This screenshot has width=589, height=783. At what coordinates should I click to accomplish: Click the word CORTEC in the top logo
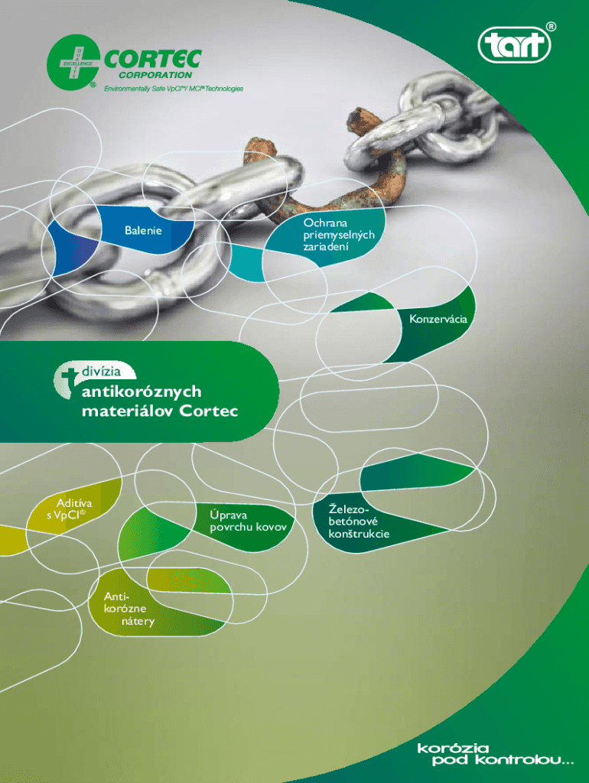153,60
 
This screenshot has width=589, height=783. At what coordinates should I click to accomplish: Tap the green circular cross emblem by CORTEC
73,63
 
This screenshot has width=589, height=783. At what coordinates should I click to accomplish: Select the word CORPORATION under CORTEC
155,75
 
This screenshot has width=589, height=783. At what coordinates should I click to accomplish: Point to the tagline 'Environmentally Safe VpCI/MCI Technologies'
174,89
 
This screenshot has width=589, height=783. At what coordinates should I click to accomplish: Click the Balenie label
143,230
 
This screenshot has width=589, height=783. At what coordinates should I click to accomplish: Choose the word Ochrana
325,223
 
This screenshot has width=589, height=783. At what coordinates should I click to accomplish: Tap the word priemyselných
339,236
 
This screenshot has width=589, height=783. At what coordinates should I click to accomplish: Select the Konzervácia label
438,319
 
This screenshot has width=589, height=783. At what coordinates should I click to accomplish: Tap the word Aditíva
74,503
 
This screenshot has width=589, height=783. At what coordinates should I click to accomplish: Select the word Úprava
228,515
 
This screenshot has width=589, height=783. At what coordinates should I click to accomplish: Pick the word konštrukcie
359,534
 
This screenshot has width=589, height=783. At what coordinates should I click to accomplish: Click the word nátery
138,621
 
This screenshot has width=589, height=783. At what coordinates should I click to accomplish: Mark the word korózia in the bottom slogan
453,748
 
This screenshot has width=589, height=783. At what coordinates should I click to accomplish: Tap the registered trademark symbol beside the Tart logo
550,27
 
